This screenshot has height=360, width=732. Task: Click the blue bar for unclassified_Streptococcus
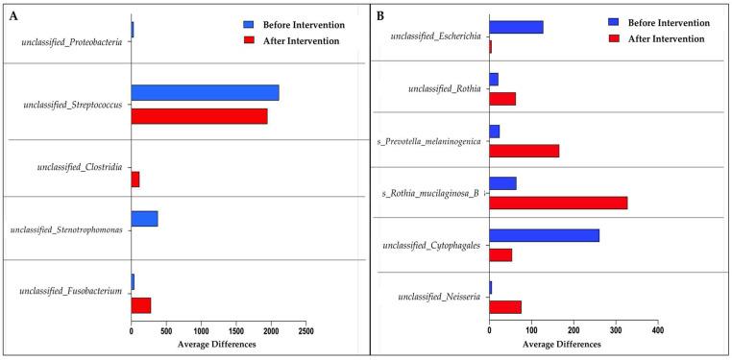click(205, 92)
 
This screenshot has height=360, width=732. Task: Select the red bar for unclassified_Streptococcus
click(199, 116)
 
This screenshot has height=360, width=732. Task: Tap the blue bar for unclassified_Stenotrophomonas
click(144, 219)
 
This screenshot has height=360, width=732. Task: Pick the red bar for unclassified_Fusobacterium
click(141, 305)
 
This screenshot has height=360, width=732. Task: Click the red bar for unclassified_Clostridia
click(135, 180)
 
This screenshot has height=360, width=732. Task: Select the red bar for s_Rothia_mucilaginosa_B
click(558, 203)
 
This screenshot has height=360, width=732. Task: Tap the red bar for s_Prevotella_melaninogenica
click(524, 151)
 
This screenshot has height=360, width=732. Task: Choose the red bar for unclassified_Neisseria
click(505, 307)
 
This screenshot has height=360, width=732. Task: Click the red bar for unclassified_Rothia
click(502, 98)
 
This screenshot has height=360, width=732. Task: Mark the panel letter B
click(380, 16)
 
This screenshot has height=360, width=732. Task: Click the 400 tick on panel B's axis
click(657, 331)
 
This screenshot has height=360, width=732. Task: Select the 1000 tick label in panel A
click(201, 331)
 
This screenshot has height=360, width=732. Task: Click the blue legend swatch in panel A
click(248, 25)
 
